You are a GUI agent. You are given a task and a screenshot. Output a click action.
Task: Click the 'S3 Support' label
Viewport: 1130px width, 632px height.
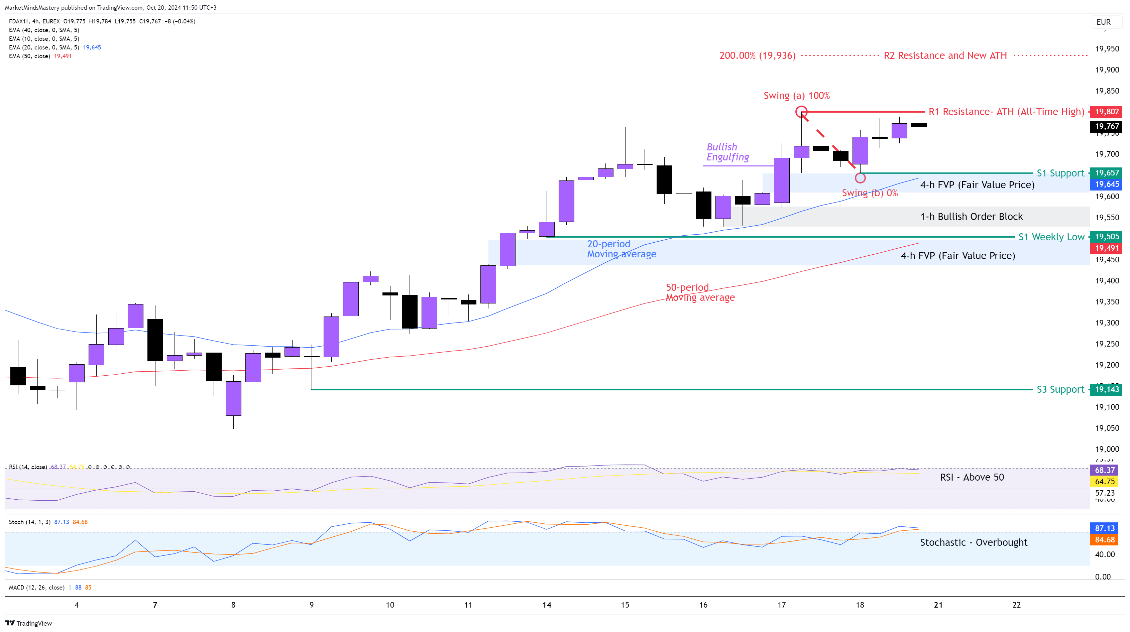pyautogui.click(x=1060, y=389)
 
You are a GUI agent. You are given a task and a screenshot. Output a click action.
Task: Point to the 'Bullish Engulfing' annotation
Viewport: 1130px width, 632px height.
pyautogui.click(x=727, y=152)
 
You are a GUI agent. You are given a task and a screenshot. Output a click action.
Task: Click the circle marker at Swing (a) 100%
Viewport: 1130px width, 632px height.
pyautogui.click(x=801, y=112)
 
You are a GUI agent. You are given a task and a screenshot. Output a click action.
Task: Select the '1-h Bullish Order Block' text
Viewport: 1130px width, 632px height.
pyautogui.click(x=971, y=217)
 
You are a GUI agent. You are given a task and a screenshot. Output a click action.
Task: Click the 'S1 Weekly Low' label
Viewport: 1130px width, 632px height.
pyautogui.click(x=1051, y=237)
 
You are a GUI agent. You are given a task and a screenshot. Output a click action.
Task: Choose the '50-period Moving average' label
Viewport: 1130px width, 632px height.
pyautogui.click(x=700, y=292)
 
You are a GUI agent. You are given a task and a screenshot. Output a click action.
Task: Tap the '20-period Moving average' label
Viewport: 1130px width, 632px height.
pyautogui.click(x=621, y=249)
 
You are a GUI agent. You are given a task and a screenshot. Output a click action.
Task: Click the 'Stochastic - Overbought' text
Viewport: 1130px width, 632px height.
pyautogui.click(x=974, y=542)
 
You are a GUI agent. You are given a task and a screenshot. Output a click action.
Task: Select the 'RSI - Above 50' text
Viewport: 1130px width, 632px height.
pyautogui.click(x=972, y=477)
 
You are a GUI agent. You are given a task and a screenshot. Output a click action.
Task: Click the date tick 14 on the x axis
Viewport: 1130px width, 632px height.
pyautogui.click(x=547, y=605)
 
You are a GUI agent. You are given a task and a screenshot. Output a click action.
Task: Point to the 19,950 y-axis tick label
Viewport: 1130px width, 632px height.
pyautogui.click(x=1107, y=49)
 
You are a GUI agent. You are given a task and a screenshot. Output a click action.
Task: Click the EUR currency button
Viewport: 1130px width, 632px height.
pyautogui.click(x=1103, y=22)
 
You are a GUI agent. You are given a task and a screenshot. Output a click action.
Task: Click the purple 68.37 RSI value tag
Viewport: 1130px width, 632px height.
pyautogui.click(x=1104, y=470)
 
